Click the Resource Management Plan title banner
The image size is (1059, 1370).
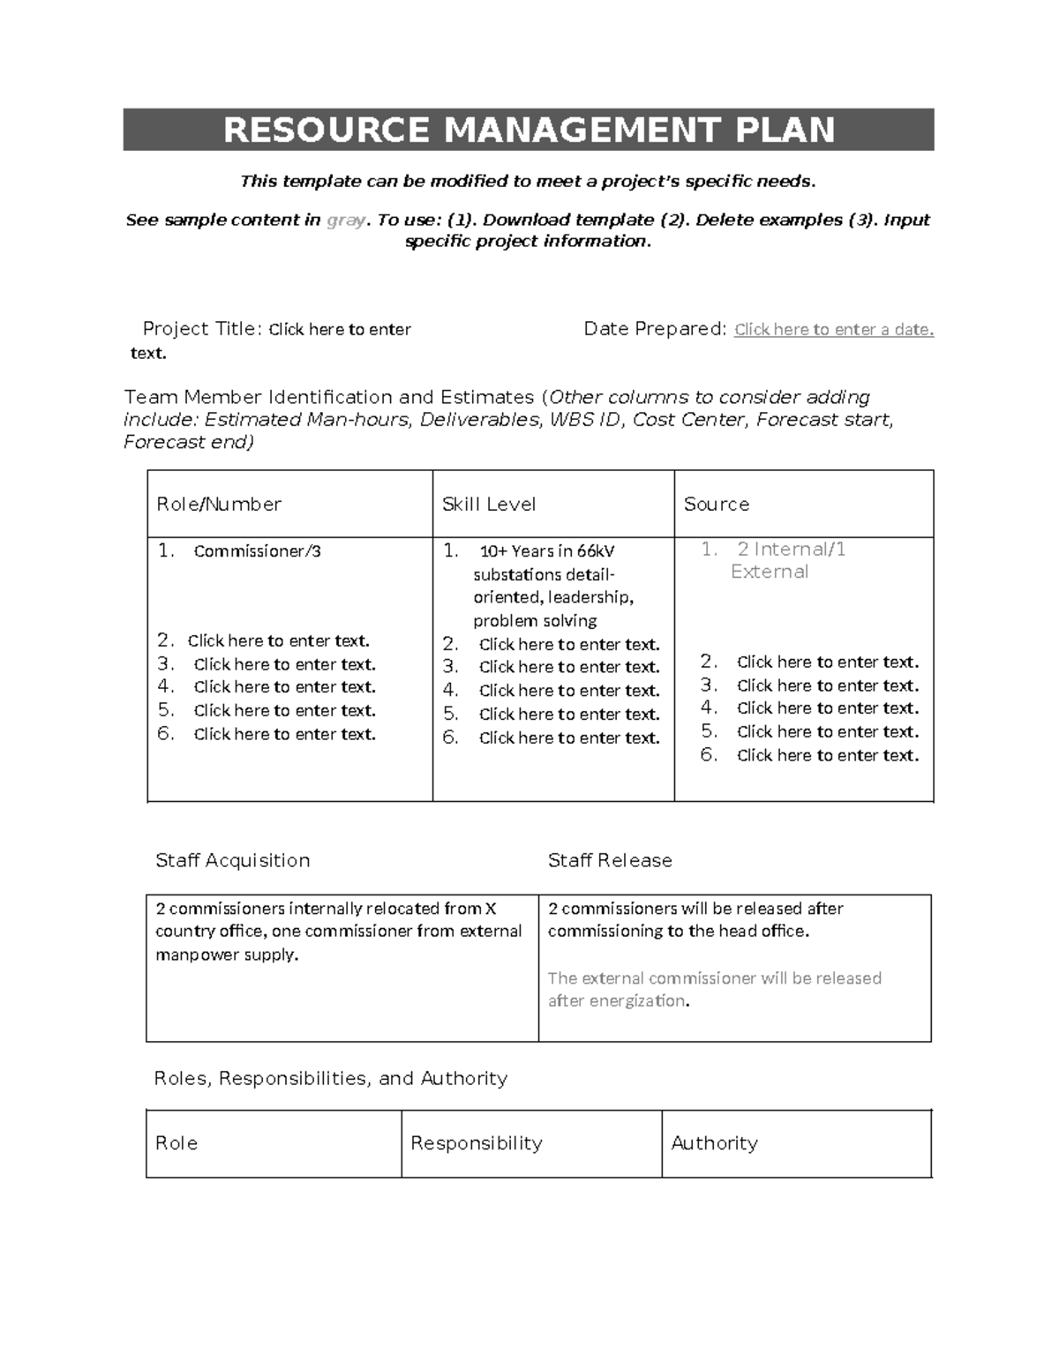[x=528, y=130]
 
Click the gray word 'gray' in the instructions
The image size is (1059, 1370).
[x=345, y=221]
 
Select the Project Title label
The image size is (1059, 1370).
[x=202, y=329]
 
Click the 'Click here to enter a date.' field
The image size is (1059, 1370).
[x=833, y=330]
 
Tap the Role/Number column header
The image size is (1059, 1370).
[x=218, y=505]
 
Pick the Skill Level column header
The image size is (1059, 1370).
[x=489, y=505]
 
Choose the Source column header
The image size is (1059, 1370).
[x=716, y=505]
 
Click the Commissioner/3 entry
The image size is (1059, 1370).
[x=257, y=552]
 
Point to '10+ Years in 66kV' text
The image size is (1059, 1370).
[x=546, y=552]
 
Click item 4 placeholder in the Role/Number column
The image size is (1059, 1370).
[x=284, y=687]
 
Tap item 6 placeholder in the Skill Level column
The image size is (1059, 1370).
[x=568, y=738]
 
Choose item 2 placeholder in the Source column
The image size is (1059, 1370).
[x=827, y=663]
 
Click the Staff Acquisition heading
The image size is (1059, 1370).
[x=232, y=861]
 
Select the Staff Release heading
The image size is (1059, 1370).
[x=610, y=861]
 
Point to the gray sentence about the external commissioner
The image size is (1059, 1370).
[x=714, y=990]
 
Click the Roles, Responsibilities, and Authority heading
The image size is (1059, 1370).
[x=331, y=1079]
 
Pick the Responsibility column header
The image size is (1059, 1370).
[x=476, y=1143]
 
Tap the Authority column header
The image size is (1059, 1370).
[x=714, y=1143]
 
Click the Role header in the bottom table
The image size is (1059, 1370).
[x=176, y=1143]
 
